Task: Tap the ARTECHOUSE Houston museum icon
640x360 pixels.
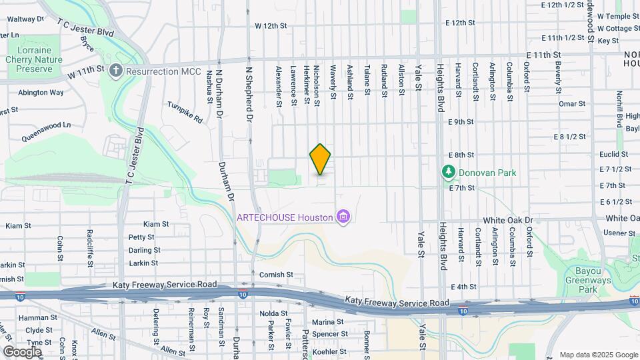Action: [343, 217]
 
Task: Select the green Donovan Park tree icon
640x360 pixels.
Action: [449, 173]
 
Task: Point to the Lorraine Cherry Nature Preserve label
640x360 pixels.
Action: [39, 59]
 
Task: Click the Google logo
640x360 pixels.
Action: [22, 351]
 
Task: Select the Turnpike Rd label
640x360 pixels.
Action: [185, 113]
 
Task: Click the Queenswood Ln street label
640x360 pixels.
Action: [46, 125]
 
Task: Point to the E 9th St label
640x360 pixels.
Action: [461, 121]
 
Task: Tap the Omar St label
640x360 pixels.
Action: [571, 104]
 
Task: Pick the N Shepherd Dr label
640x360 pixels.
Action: [249, 84]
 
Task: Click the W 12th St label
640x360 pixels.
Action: [270, 26]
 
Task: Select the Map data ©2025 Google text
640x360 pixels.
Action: [597, 355]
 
